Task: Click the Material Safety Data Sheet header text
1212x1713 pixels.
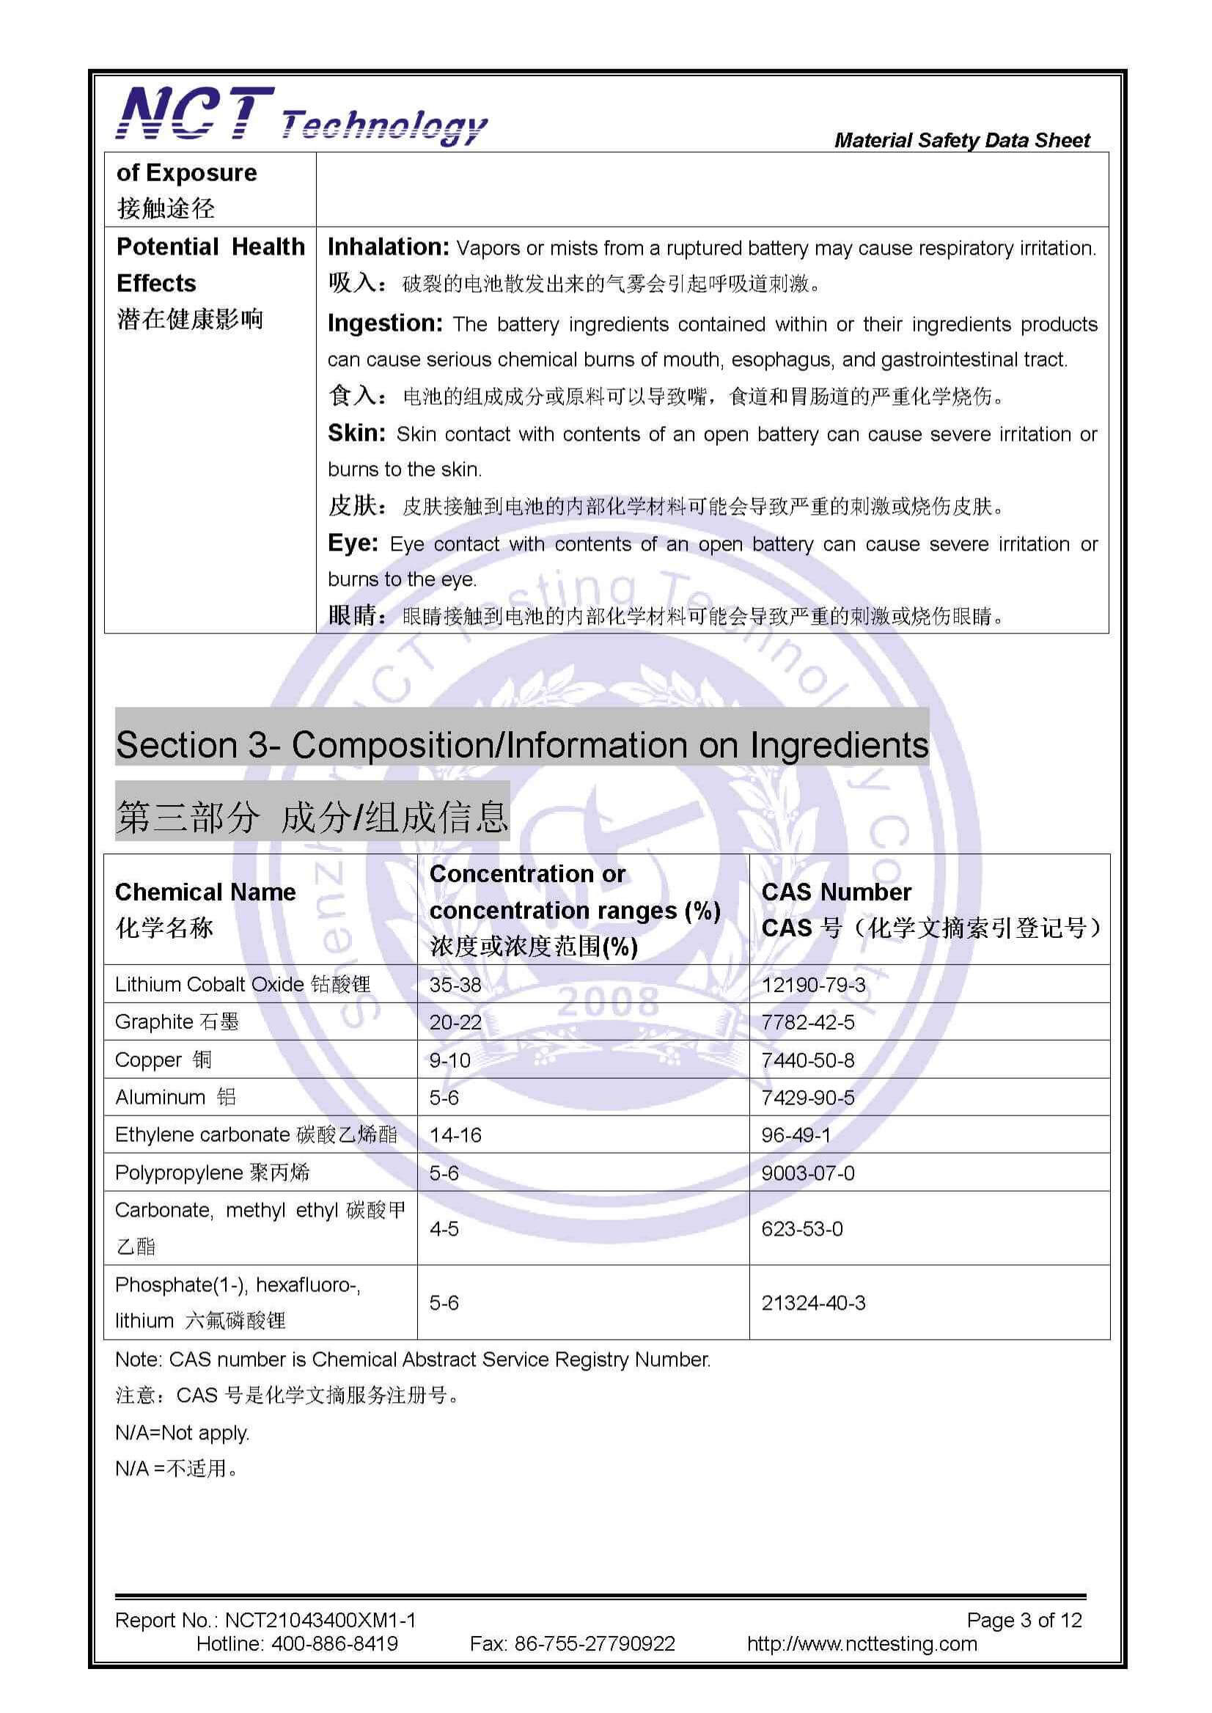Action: pyautogui.click(x=961, y=140)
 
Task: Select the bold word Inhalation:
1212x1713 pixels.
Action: pyautogui.click(x=387, y=247)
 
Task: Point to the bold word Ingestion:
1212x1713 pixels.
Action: pyautogui.click(x=385, y=323)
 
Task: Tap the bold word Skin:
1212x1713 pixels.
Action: pyautogui.click(x=356, y=433)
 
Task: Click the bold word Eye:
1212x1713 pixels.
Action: pyautogui.click(x=352, y=543)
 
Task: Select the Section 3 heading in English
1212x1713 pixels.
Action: pyautogui.click(x=521, y=745)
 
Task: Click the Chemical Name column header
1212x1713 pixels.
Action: pyautogui.click(x=205, y=892)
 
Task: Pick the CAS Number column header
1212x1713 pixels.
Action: pyautogui.click(x=836, y=892)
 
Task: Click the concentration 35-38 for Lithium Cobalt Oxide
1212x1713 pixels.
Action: pyautogui.click(x=455, y=985)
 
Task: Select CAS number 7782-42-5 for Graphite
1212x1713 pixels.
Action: pyautogui.click(x=807, y=1021)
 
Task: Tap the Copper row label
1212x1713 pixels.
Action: pyautogui.click(x=164, y=1060)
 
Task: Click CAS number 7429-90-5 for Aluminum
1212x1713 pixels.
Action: pyautogui.click(x=807, y=1097)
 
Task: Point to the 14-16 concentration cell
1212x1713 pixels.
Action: pyautogui.click(x=455, y=1135)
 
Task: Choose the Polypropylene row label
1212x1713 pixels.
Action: pyautogui.click(x=212, y=1173)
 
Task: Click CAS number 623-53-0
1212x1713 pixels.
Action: pyautogui.click(x=801, y=1228)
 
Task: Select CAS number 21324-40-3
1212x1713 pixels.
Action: pyautogui.click(x=812, y=1303)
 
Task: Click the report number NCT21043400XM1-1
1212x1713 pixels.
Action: pyautogui.click(x=320, y=1621)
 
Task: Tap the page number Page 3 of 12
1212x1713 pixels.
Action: pyautogui.click(x=1024, y=1621)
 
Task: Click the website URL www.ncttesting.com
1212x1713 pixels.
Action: pyautogui.click(x=862, y=1643)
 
